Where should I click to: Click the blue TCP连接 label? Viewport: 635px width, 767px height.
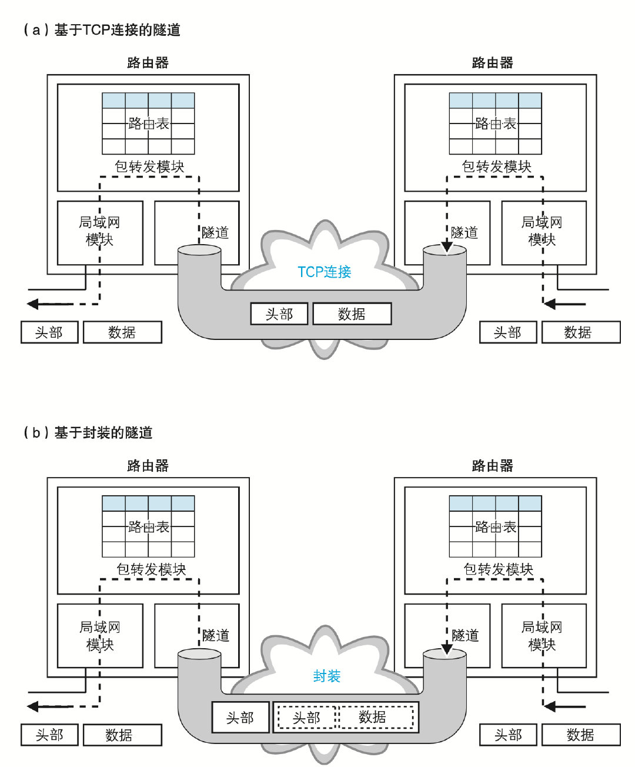point(324,272)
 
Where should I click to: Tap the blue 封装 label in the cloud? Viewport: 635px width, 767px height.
point(326,676)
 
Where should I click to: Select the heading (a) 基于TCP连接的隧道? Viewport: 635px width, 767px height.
point(101,30)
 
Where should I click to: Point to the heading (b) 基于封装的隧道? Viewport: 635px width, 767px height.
point(88,433)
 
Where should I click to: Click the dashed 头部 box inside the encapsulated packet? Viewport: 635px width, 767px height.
point(306,718)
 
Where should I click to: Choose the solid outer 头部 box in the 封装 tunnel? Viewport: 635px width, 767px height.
point(240,718)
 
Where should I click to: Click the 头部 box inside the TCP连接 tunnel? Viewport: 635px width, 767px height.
point(279,314)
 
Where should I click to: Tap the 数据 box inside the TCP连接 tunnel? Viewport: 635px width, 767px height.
point(352,314)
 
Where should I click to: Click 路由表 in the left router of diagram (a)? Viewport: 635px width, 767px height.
point(148,124)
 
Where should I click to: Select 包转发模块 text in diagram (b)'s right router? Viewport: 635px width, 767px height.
point(498,569)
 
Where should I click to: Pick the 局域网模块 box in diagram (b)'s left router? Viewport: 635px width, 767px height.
point(100,636)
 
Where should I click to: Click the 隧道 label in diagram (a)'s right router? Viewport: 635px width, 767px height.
point(464,233)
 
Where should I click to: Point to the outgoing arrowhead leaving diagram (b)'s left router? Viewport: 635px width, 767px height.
point(33,706)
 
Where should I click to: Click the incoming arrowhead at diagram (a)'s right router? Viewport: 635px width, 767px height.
point(550,304)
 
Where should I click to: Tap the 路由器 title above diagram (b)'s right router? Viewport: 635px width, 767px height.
point(493,466)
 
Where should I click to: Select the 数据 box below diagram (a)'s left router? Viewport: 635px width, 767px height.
point(122,332)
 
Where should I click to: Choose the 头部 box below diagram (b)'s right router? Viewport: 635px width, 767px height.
point(509,735)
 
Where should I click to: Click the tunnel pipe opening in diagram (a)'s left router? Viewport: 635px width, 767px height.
point(199,251)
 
